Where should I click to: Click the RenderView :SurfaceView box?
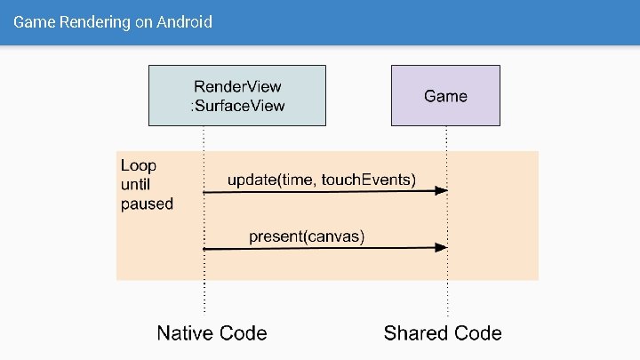tap(238, 96)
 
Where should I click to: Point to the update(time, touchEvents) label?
tap(322, 180)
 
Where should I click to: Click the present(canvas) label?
tap(307, 236)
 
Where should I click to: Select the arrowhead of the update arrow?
tap(441, 191)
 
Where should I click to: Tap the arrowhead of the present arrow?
tap(441, 248)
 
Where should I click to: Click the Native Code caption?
tap(212, 333)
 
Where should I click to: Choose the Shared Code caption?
tap(443, 333)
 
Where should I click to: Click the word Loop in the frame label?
tap(138, 165)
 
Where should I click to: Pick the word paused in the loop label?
tap(147, 204)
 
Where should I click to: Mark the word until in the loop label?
tap(136, 184)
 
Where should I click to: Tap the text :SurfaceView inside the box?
tap(238, 107)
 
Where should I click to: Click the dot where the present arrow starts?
tap(204, 249)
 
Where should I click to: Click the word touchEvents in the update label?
tap(368, 180)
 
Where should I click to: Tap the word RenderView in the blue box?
tap(238, 86)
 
